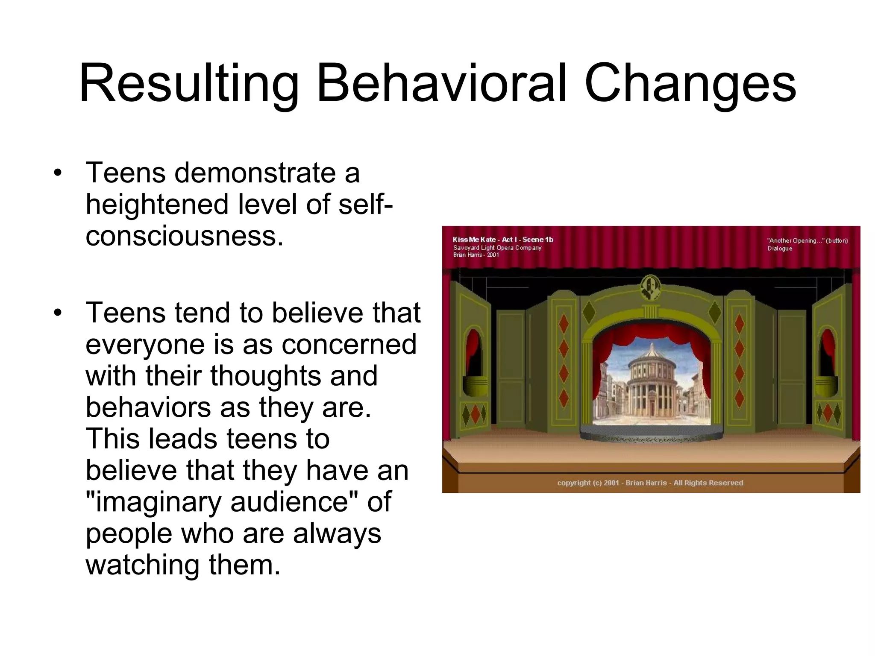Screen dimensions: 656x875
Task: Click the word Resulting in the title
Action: click(188, 83)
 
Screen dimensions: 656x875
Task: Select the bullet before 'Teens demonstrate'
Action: click(58, 173)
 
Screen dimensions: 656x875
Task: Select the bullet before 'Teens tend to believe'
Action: click(58, 313)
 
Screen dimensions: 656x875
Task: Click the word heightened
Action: click(157, 204)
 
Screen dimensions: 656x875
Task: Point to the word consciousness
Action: click(184, 235)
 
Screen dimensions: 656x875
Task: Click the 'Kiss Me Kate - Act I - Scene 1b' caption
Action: click(503, 240)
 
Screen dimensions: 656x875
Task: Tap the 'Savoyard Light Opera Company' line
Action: click(497, 248)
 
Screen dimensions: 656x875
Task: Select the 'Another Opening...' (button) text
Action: click(807, 240)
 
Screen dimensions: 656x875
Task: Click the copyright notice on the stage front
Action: click(650, 483)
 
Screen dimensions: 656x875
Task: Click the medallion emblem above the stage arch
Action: click(650, 287)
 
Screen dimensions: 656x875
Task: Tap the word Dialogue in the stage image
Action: click(780, 249)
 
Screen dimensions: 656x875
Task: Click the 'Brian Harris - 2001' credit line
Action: click(476, 255)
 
